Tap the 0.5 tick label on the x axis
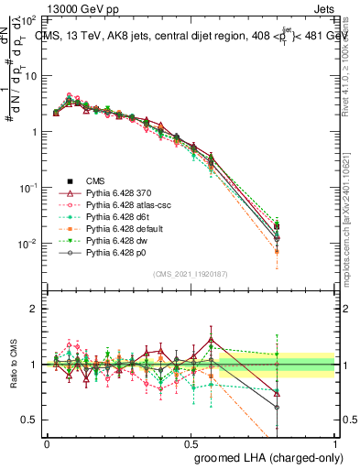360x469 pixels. click(191, 442)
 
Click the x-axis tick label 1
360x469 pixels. click(334, 442)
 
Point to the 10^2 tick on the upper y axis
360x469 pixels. click(29, 19)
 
